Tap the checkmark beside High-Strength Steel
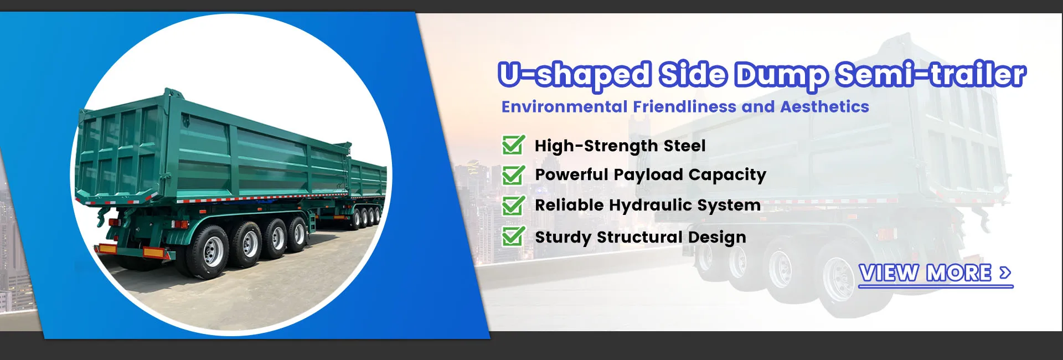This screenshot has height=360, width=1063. tap(513, 145)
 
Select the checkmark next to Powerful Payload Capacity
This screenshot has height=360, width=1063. tap(513, 175)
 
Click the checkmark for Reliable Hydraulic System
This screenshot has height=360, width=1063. tap(513, 205)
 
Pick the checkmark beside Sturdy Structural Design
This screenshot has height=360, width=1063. tap(513, 236)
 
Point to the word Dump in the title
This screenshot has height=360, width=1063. tap(781, 75)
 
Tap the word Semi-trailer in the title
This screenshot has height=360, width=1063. tap(931, 74)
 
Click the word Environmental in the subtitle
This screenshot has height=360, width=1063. tap(564, 106)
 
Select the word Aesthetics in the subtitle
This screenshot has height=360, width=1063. tap(824, 106)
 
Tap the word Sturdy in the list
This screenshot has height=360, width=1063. tap(563, 238)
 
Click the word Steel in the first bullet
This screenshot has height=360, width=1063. tap(684, 146)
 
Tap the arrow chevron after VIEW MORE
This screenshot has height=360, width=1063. tap(1005, 272)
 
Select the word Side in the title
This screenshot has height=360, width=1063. tap(693, 74)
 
